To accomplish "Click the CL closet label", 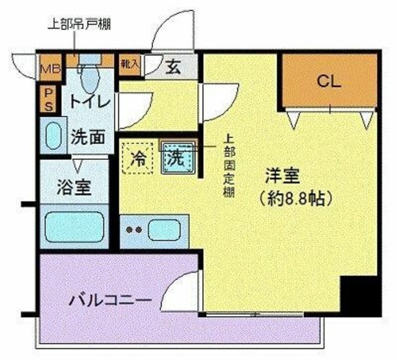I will click(329, 81).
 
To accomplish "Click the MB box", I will click(47, 69).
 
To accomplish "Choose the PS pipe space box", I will click(47, 99).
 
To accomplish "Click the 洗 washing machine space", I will click(177, 157).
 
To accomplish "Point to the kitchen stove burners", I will click(134, 230).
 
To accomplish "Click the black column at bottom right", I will click(360, 296).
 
